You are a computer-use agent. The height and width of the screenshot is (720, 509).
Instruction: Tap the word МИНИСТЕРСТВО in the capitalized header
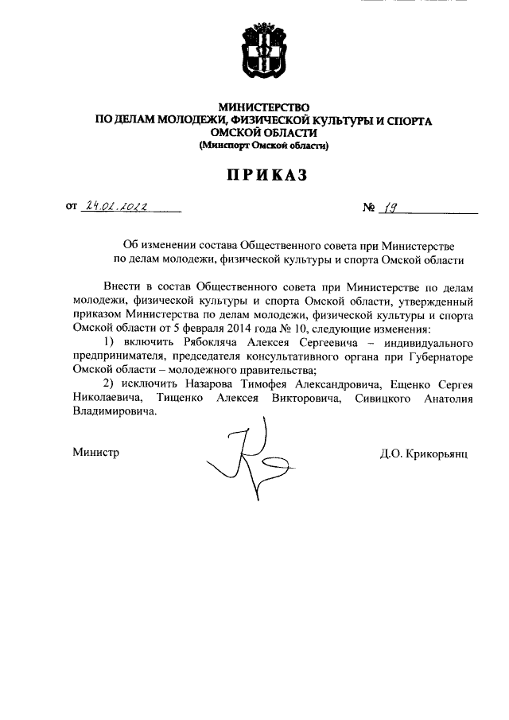click(x=263, y=107)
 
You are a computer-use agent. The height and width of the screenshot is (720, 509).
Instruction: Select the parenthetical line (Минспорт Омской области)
click(x=263, y=146)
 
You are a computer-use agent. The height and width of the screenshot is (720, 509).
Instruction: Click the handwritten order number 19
click(x=390, y=208)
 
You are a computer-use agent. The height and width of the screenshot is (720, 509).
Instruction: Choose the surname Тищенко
click(x=185, y=398)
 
